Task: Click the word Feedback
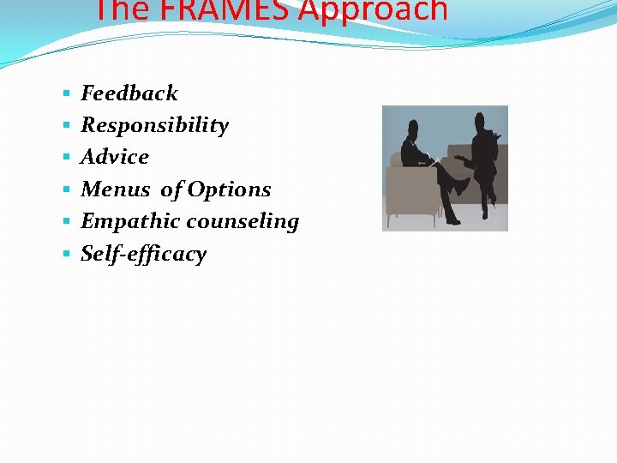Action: pyautogui.click(x=129, y=93)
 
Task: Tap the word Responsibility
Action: pyautogui.click(x=155, y=125)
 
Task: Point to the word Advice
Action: pyautogui.click(x=115, y=157)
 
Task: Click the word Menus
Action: pyautogui.click(x=116, y=189)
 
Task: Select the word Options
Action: pyautogui.click(x=229, y=189)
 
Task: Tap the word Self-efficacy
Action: pyautogui.click(x=144, y=254)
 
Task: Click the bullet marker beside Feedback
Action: pyautogui.click(x=67, y=93)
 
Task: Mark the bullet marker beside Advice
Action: pyautogui.click(x=67, y=158)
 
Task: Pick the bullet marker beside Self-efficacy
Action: pyautogui.click(x=67, y=255)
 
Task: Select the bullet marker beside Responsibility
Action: pyautogui.click(x=67, y=126)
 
